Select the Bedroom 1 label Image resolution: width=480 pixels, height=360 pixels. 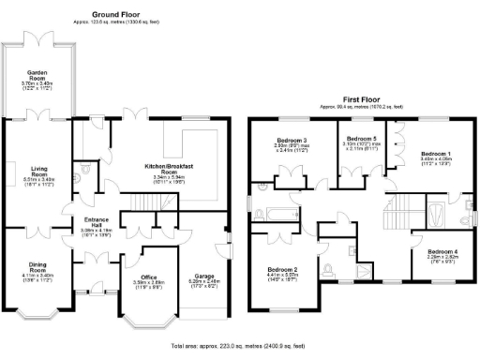coord(435,153)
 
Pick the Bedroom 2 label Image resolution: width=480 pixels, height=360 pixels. coord(282,270)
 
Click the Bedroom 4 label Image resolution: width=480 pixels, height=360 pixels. coord(441,251)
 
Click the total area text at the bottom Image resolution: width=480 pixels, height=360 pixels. coord(240,346)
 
